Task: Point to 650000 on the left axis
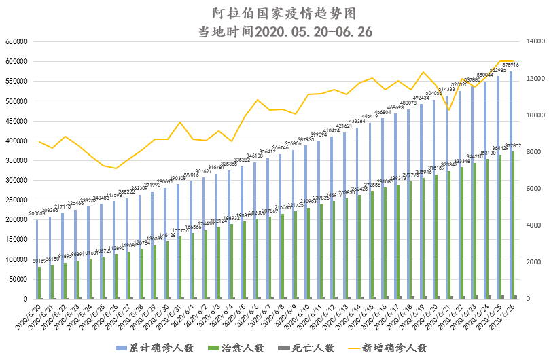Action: [x=17, y=41]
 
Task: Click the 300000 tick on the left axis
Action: [x=17, y=180]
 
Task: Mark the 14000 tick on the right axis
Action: [x=527, y=41]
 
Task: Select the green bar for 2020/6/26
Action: [x=514, y=225]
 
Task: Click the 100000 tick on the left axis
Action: [x=17, y=259]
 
